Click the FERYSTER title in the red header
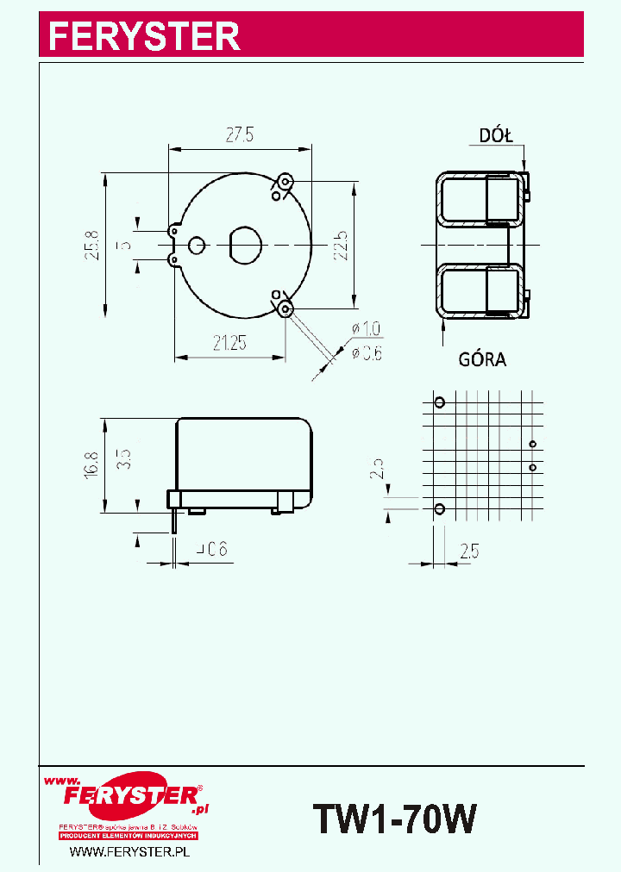click(x=143, y=36)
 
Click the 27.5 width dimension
click(x=239, y=134)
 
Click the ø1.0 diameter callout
click(x=366, y=328)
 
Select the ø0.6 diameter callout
click(x=366, y=352)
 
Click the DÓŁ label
click(x=496, y=135)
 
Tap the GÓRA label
click(x=482, y=360)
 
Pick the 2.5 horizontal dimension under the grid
click(x=469, y=549)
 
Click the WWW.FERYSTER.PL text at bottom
click(x=129, y=851)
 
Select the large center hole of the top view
click(x=244, y=245)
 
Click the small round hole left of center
click(x=198, y=245)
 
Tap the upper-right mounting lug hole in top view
click(x=285, y=182)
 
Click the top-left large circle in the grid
click(x=439, y=402)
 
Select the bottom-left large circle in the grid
click(x=439, y=509)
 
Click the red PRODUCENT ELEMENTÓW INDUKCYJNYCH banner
click(x=129, y=836)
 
